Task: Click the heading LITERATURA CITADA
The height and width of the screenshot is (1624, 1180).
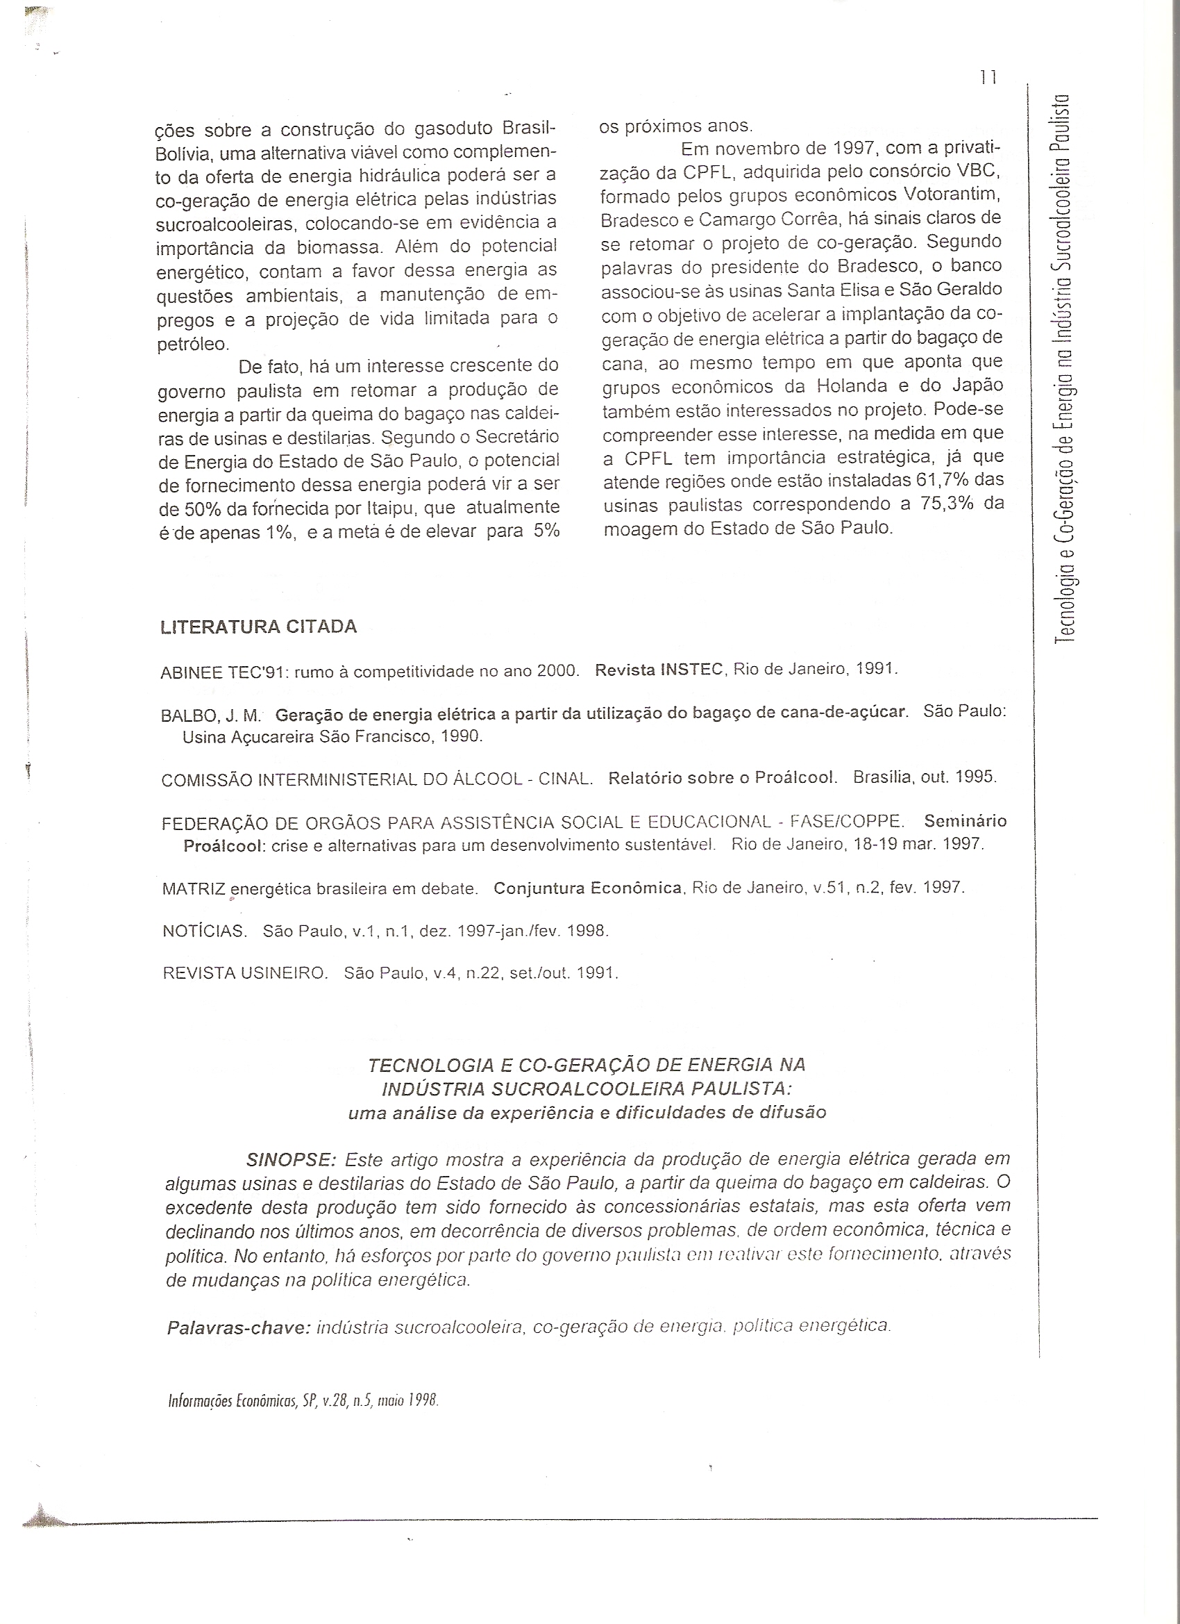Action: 258,627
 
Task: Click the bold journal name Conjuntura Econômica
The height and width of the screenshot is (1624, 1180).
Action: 587,888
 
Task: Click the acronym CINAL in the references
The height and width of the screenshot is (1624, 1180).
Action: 565,779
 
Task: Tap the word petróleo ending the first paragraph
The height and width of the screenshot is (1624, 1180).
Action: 192,345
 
